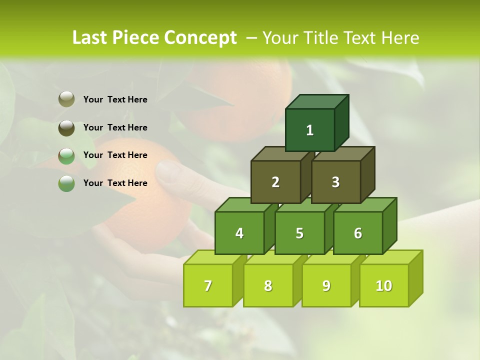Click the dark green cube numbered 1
(x=310, y=130)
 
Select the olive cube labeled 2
(x=275, y=182)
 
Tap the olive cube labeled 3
(x=335, y=182)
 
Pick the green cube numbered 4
(x=239, y=233)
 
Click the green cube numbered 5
(x=299, y=233)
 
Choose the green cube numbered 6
(x=358, y=233)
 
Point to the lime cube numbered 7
(x=208, y=285)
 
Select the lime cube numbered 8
(x=268, y=285)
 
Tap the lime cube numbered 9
(x=326, y=285)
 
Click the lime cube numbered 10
(x=384, y=285)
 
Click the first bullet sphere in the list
(x=66, y=99)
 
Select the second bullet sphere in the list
(x=66, y=127)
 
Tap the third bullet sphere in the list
(x=66, y=155)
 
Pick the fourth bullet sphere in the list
(x=66, y=183)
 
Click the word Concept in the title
(x=200, y=38)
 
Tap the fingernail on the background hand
(x=167, y=171)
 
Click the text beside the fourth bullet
(x=115, y=183)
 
